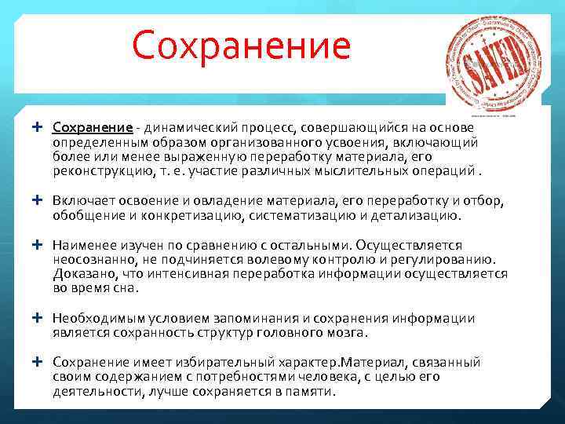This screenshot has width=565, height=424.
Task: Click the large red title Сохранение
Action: coord(241,46)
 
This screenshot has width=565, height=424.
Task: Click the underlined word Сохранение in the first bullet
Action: coord(92,128)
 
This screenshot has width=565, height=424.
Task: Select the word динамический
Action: coord(182,128)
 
